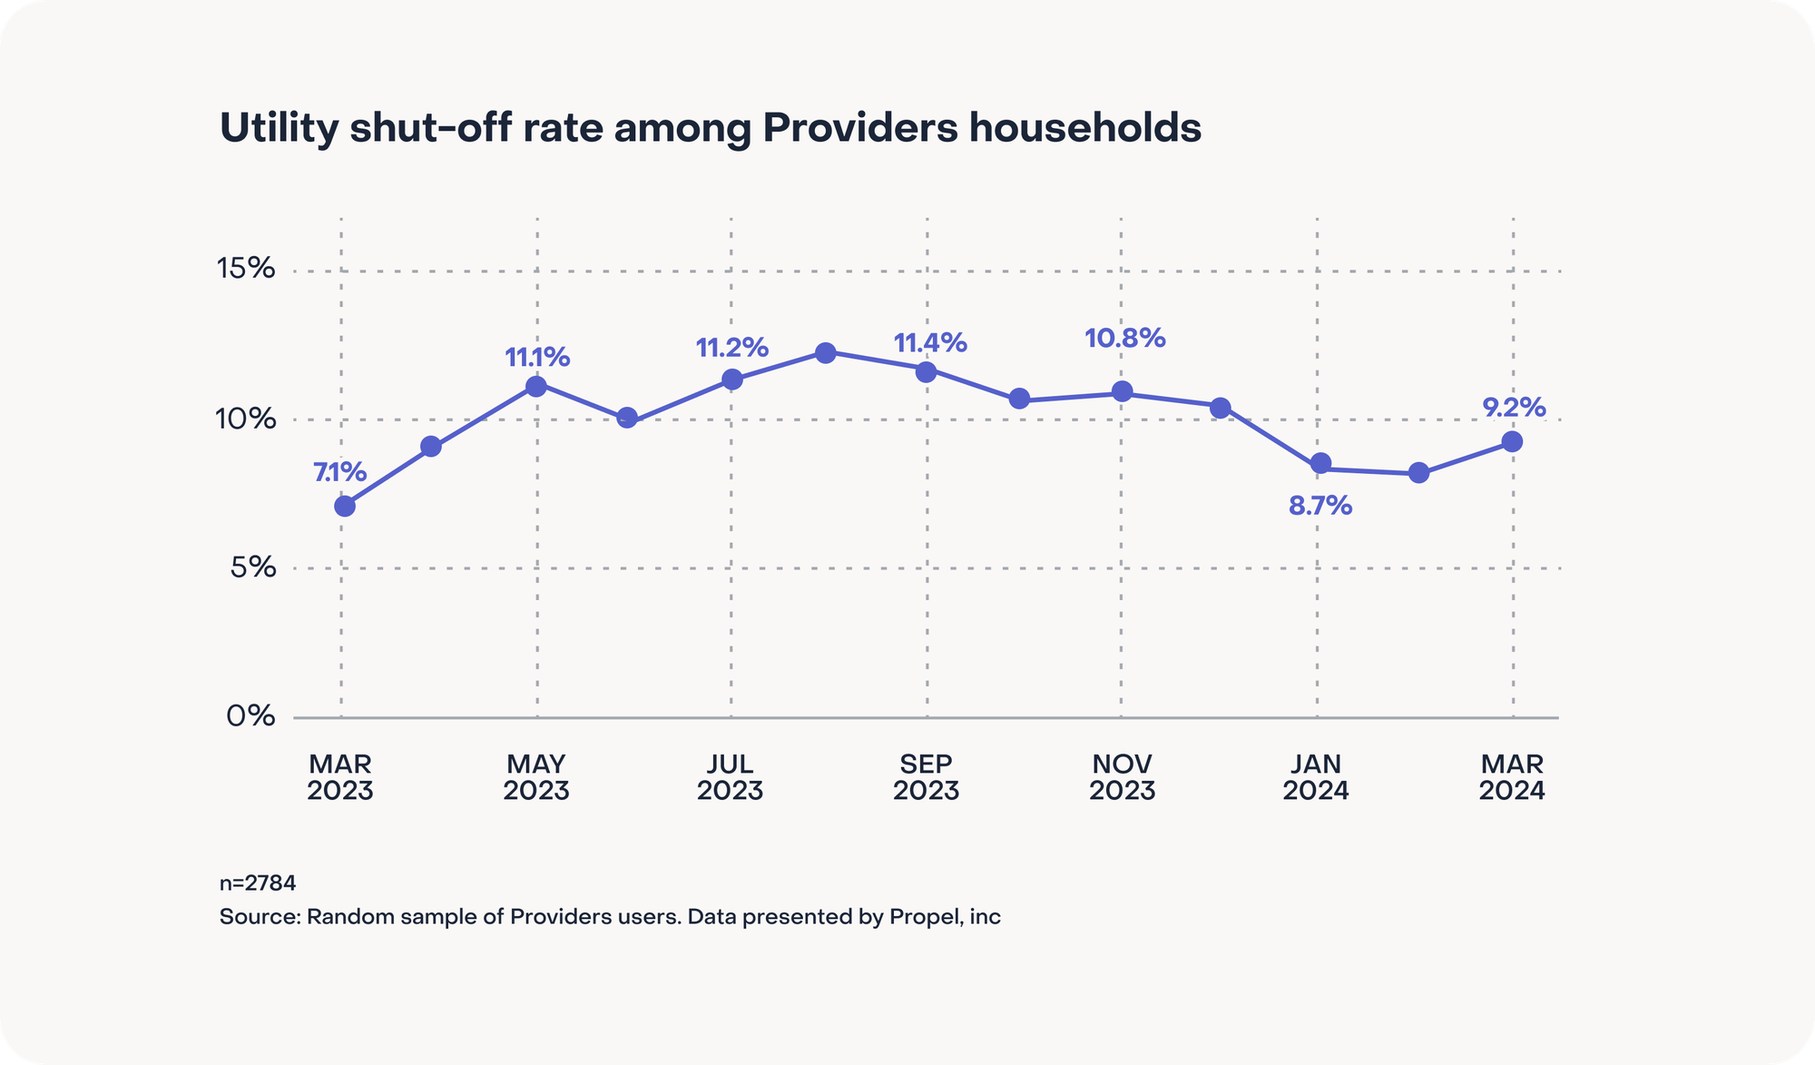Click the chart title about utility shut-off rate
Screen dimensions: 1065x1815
710,128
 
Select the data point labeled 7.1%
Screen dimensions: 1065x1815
345,506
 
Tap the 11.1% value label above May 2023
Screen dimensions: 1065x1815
537,358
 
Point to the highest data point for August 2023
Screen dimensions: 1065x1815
825,352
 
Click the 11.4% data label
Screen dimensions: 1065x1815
930,343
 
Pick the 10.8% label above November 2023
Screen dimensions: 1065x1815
1124,339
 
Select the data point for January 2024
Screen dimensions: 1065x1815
1321,464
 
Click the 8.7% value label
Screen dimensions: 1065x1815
1320,506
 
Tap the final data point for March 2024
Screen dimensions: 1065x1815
1512,441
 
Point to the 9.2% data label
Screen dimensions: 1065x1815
1514,408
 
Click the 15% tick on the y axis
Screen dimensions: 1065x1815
245,269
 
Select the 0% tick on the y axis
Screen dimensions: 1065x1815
250,715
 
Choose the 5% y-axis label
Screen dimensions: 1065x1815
252,567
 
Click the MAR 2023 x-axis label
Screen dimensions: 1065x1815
340,777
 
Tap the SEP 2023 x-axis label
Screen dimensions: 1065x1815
926,777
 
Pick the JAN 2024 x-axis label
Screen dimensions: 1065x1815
1316,777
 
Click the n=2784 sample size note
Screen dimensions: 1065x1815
258,883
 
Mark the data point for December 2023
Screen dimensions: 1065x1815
1221,408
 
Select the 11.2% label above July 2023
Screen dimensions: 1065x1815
731,348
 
